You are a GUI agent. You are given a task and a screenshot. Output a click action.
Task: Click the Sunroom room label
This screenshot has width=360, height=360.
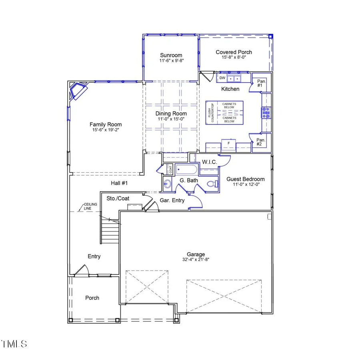point(171,55)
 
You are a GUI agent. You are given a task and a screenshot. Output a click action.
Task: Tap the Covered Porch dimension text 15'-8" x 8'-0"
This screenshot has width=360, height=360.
point(234,58)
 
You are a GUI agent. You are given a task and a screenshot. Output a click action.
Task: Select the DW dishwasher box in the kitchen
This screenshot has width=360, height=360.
point(222,78)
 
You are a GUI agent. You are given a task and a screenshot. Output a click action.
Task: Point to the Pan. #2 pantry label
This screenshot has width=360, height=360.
point(261,142)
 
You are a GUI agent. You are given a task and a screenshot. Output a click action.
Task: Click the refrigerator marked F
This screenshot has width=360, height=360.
point(229,143)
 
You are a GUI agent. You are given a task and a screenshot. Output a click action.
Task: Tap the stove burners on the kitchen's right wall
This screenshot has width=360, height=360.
point(266,113)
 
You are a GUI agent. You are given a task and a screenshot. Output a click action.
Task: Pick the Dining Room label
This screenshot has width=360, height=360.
point(171,113)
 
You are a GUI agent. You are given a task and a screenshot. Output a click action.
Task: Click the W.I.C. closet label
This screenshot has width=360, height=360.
point(209,162)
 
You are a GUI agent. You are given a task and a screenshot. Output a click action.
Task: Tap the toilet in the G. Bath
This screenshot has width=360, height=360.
point(213,184)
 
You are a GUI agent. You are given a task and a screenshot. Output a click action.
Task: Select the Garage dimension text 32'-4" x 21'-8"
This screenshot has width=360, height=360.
point(196,260)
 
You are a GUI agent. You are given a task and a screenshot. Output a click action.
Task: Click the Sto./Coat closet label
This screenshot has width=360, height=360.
point(118,198)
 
